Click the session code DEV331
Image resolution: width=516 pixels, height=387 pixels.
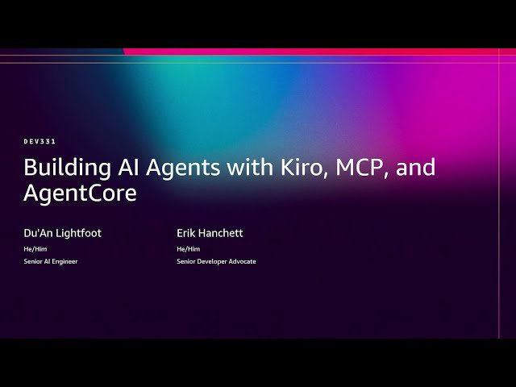pyautogui.click(x=40, y=141)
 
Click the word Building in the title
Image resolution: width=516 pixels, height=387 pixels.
pyautogui.click(x=64, y=168)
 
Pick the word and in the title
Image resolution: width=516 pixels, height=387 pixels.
pyautogui.click(x=414, y=168)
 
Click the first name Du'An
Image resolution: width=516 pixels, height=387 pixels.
pyautogui.click(x=40, y=233)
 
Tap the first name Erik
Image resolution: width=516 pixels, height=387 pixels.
pyautogui.click(x=188, y=233)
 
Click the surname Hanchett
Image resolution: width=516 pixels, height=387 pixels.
pyautogui.click(x=223, y=233)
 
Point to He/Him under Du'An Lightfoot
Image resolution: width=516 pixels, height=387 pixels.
pyautogui.click(x=35, y=248)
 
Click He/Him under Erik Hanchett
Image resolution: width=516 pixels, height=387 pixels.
pyautogui.click(x=188, y=248)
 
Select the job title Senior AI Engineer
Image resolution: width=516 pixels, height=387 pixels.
pyautogui.click(x=51, y=261)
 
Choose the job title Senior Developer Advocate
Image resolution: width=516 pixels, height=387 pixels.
pyautogui.click(x=216, y=261)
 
